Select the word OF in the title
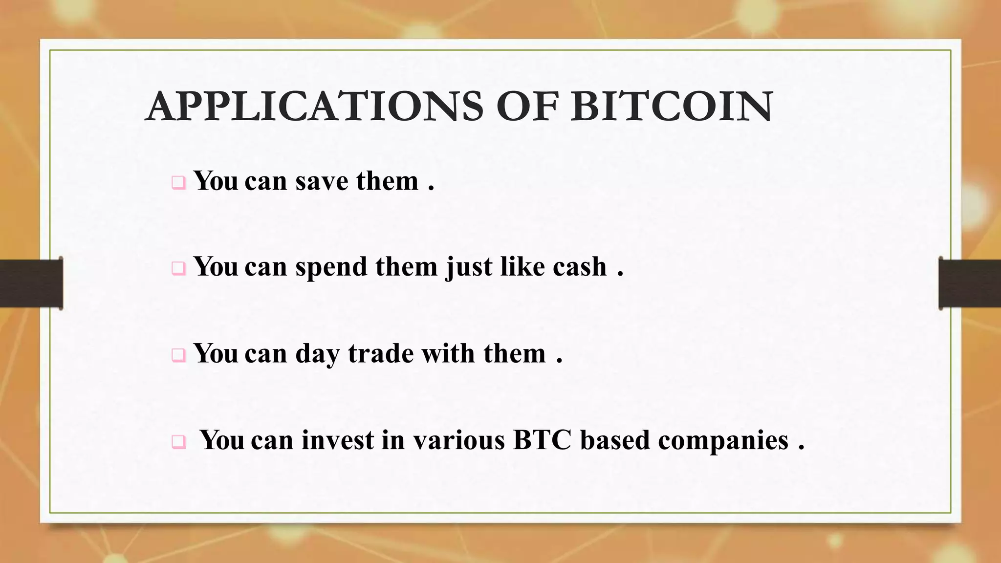[527, 107]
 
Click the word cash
[580, 267]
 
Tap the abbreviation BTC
[542, 440]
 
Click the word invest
[337, 440]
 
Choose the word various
[458, 440]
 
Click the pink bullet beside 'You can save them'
[178, 183]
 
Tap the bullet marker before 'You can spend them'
[178, 268]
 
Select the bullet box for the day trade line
[178, 355]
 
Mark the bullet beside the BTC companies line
[178, 442]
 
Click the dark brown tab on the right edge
[970, 283]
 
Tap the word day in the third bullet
[317, 354]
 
